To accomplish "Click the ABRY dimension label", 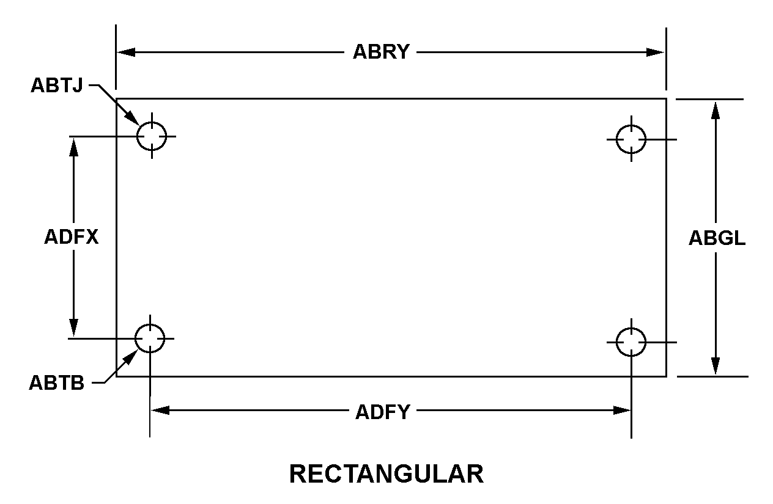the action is (381, 52).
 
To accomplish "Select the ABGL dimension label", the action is (717, 238).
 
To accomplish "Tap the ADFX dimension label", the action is (72, 237).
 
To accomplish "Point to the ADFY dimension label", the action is (383, 412).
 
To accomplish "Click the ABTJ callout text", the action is (57, 85).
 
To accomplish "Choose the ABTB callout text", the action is (57, 383).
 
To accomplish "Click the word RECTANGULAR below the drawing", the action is (386, 474).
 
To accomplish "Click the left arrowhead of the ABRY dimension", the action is (126, 53).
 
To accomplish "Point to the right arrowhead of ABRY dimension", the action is (655, 53).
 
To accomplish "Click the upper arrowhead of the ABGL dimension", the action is (716, 111).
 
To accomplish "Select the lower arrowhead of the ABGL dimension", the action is (716, 366).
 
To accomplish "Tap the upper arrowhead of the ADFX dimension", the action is (73, 147).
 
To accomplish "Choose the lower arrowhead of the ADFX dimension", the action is (73, 328).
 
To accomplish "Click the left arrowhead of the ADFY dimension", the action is (160, 411).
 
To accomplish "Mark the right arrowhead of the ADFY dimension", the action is (622, 411).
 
